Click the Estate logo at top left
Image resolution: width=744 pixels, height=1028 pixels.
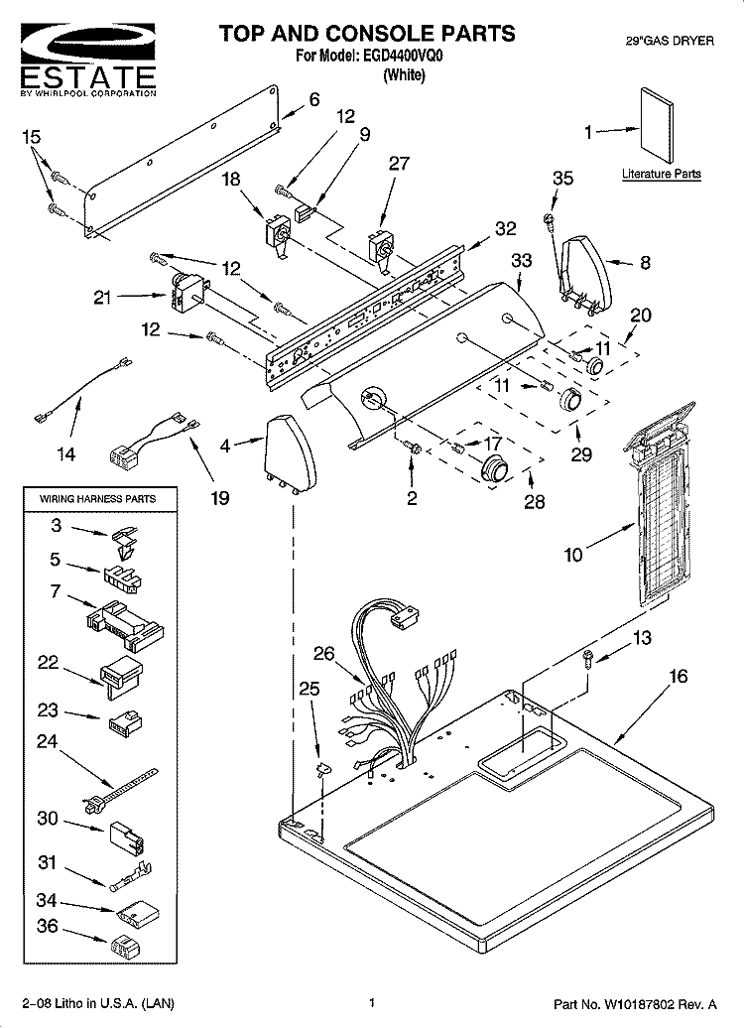[87, 61]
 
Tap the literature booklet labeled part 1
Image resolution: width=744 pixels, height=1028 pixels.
[656, 126]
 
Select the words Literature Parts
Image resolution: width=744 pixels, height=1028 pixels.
[661, 174]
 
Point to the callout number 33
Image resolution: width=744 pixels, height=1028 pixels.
[521, 260]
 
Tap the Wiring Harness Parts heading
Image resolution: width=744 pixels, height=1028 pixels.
[97, 499]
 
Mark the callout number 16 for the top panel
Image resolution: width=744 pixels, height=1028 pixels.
[678, 676]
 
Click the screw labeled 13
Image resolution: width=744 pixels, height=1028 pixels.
[588, 658]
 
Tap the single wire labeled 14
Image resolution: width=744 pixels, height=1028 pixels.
[81, 390]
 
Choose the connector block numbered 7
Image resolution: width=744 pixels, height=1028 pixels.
[125, 624]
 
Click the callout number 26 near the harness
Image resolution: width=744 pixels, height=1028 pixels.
[323, 654]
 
